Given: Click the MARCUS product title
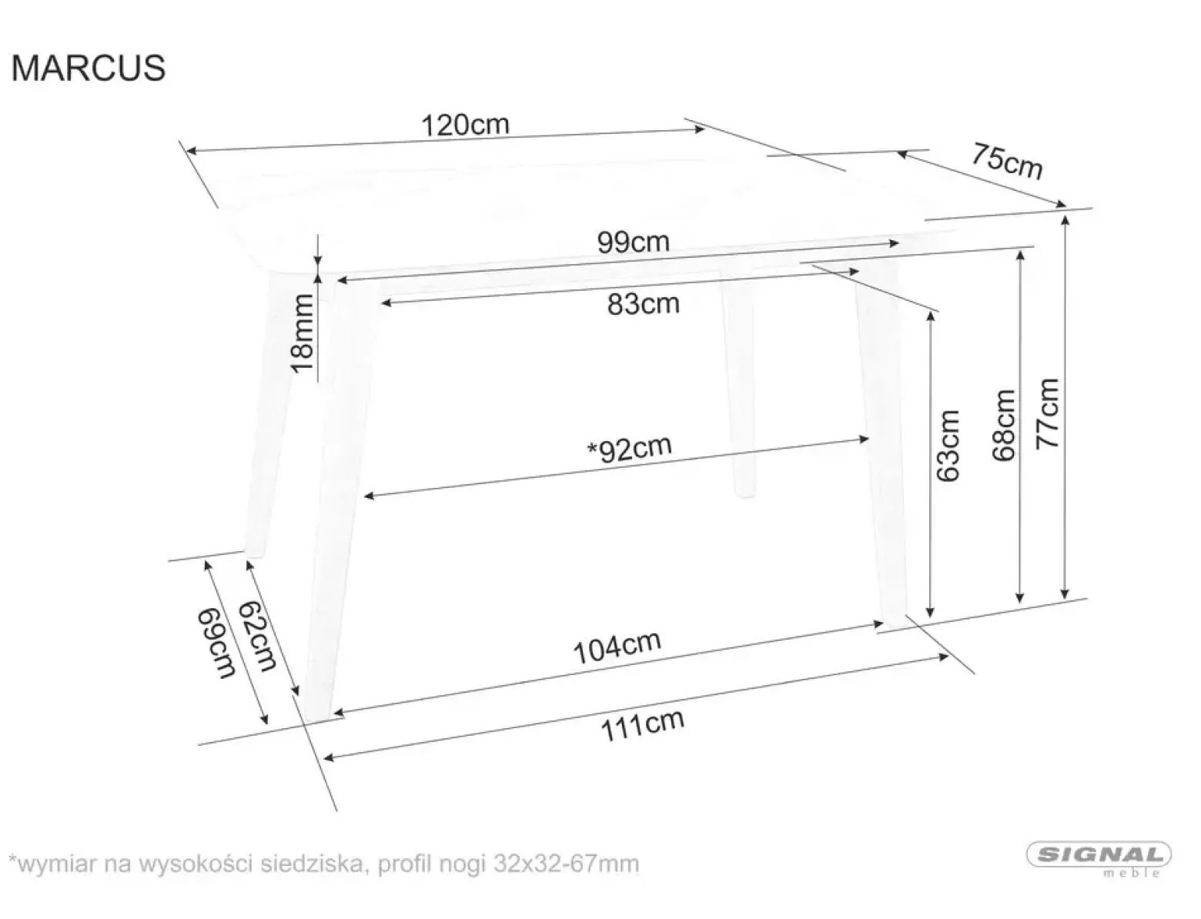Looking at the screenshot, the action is pos(88,69).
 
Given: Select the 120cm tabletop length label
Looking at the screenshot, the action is pos(465,125).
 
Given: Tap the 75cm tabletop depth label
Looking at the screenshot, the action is pos(1007,162).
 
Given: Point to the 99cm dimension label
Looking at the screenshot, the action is pos(633,242).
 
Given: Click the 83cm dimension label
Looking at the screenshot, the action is pos(644,303).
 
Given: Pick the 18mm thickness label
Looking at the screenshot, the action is pos(302,334).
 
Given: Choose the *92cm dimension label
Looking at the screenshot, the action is pos(629,449).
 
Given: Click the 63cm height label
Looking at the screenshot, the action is pos(947,446).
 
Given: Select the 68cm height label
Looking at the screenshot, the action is pos(1003,426).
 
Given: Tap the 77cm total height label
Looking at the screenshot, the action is pos(1047,414).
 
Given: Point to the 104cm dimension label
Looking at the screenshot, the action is pos(617,647).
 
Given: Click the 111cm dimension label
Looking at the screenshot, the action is pos(642,725).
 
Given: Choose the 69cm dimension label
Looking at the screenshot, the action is pos(216,643).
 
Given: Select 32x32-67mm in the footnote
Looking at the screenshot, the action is pos(567,864).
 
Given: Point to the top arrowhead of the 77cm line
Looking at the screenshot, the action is pos(1065,220).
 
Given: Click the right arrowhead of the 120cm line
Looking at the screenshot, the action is pos(699,129).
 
